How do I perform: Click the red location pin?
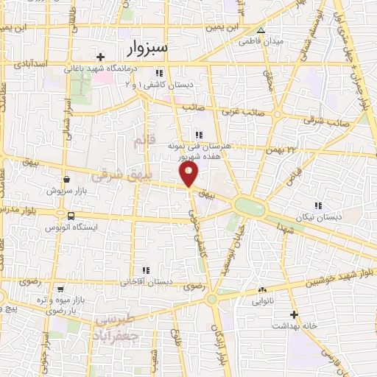tap(189, 173)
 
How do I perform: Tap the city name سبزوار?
tap(147, 48)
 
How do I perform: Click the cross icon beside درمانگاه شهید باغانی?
tap(100, 57)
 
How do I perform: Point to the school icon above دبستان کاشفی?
tap(159, 73)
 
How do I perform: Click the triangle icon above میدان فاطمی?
tap(261, 30)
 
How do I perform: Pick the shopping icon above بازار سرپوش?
tap(66, 179)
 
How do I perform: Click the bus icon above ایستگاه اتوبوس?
tap(71, 216)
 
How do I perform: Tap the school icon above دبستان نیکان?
tap(318, 205)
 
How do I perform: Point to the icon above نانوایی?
tap(262, 290)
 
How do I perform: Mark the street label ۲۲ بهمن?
tap(281, 149)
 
